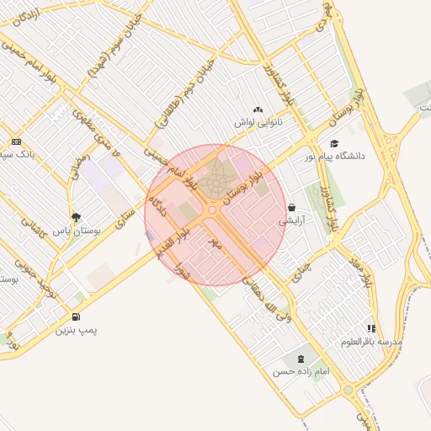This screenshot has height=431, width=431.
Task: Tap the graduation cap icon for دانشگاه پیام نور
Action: click(x=334, y=144)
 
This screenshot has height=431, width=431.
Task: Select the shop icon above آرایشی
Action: click(x=291, y=207)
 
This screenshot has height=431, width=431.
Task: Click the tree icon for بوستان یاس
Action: click(x=77, y=217)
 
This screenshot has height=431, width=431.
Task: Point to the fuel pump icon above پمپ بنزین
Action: click(x=77, y=317)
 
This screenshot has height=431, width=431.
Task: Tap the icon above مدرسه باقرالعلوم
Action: click(x=371, y=328)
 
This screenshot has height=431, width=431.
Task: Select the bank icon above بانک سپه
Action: click(x=16, y=141)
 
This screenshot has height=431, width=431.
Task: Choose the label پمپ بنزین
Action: click(x=77, y=331)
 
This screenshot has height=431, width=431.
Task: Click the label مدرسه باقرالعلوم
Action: click(x=371, y=342)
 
